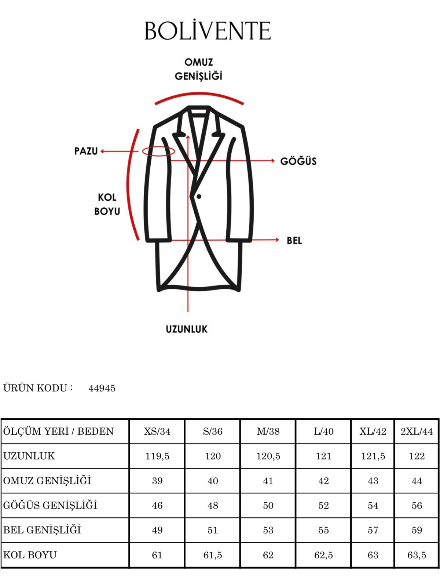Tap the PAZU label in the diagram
(x=86, y=151)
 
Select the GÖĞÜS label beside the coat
(x=298, y=161)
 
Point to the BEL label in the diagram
(x=294, y=240)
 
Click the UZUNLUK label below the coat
(x=187, y=329)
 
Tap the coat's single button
(x=199, y=197)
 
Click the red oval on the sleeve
(x=159, y=152)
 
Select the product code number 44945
(x=102, y=388)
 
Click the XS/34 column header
(x=157, y=431)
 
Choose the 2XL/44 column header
(x=417, y=431)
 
